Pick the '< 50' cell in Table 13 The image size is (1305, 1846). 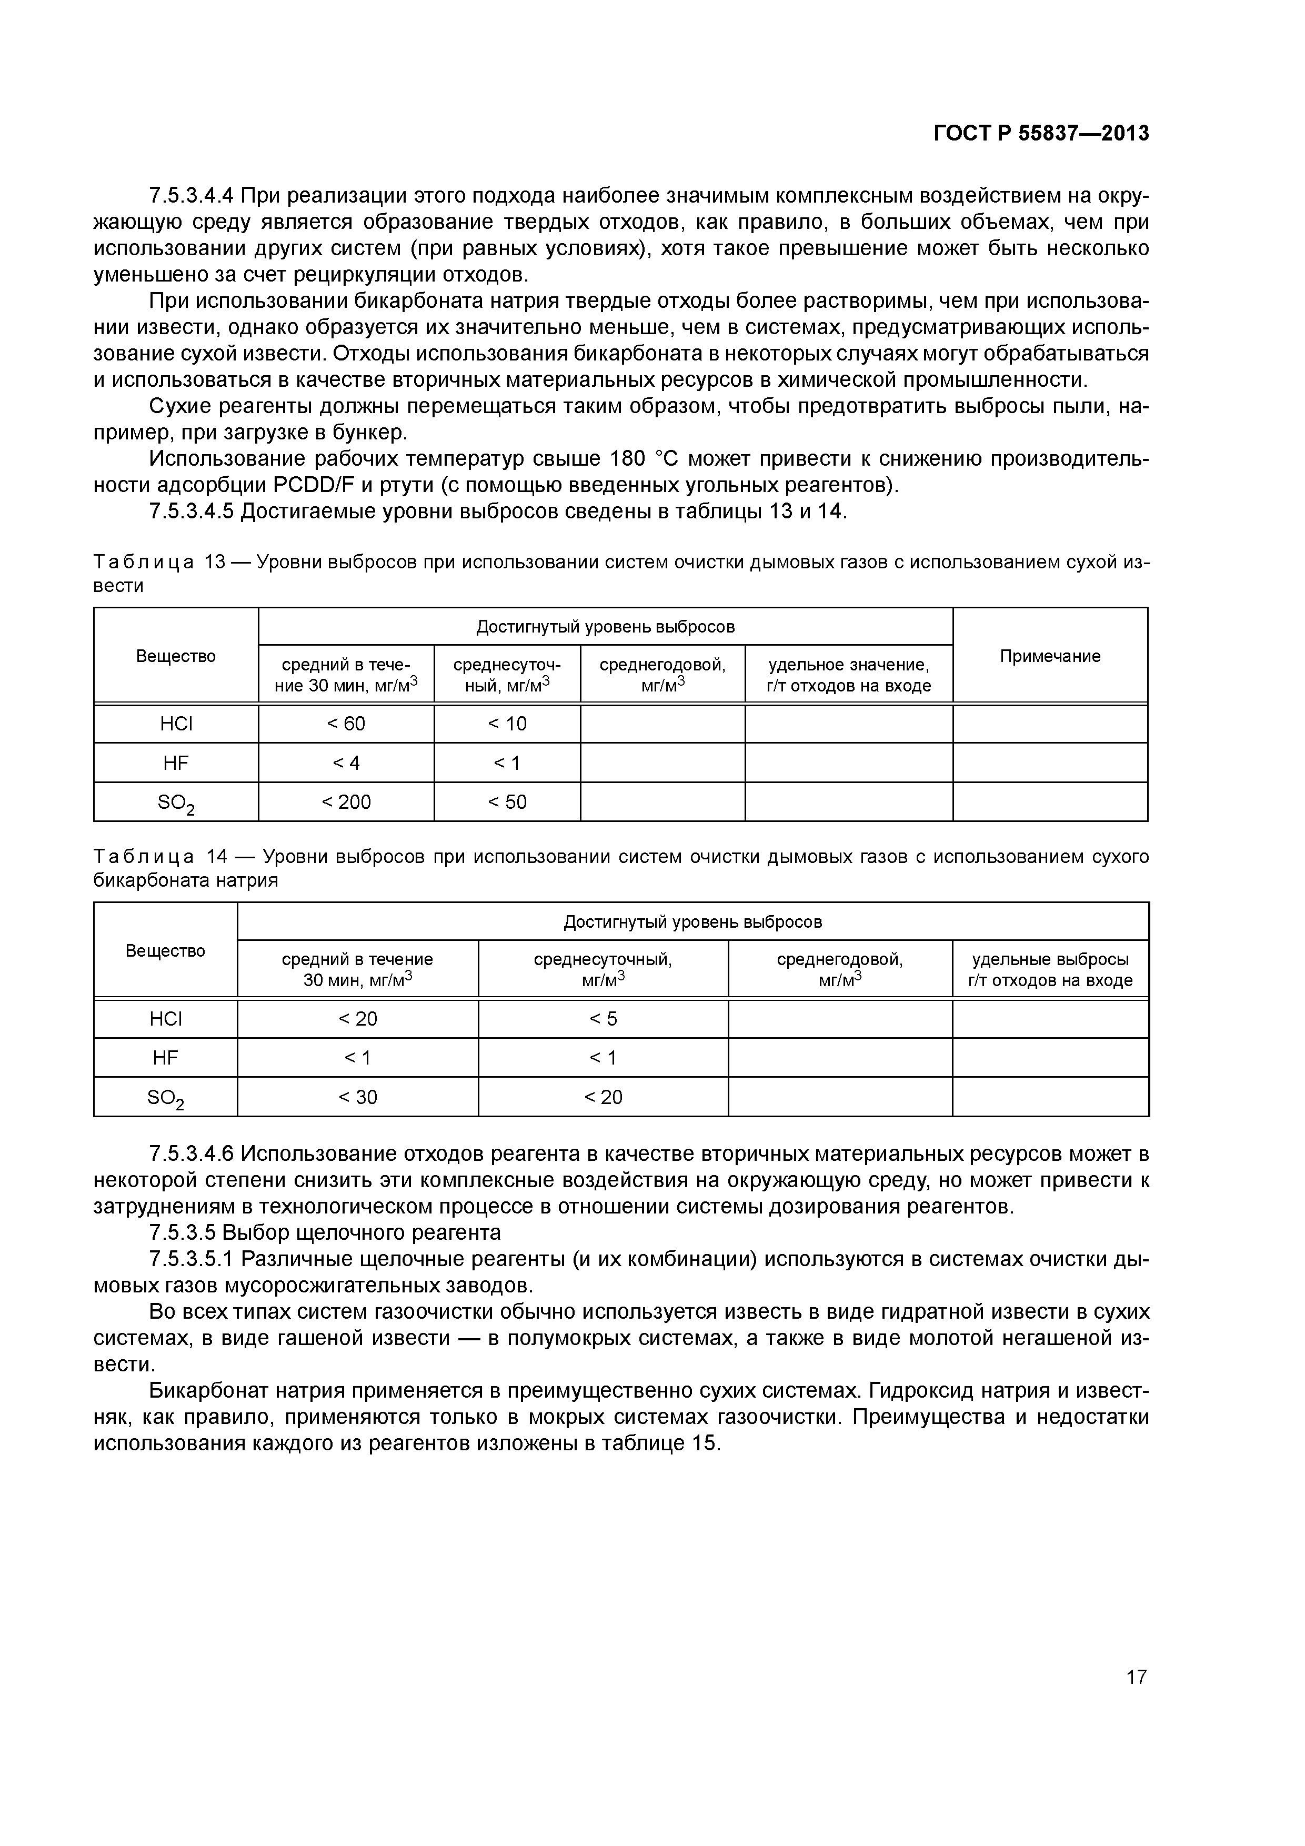507,801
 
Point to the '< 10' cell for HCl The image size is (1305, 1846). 507,724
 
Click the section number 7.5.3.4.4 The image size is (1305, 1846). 192,195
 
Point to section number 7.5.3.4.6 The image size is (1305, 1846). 192,1153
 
